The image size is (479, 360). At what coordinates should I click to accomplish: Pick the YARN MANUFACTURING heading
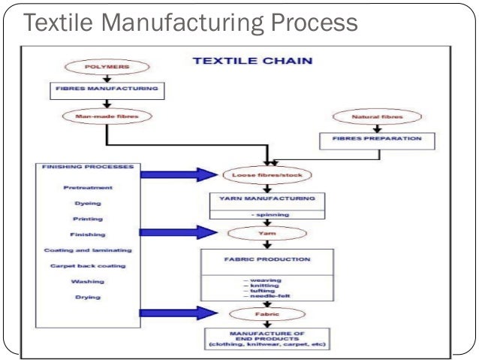click(258, 200)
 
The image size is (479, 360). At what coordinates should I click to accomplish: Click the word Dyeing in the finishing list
click(88, 202)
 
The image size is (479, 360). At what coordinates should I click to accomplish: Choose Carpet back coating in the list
click(88, 265)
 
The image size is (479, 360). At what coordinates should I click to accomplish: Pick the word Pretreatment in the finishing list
click(88, 187)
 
